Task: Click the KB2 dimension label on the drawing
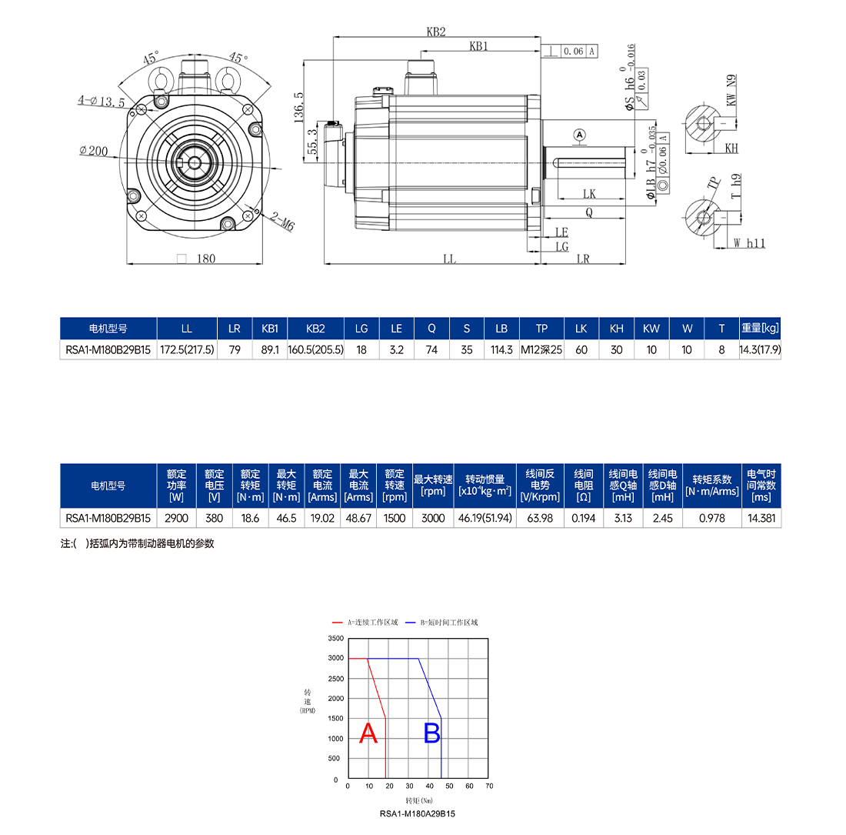click(x=435, y=32)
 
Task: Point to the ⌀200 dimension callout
click(x=94, y=151)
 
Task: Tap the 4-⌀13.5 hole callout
click(x=101, y=101)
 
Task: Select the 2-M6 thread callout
click(x=282, y=223)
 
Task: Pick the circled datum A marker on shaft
click(x=580, y=135)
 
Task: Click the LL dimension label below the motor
click(x=449, y=259)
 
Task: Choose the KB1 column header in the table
click(x=269, y=329)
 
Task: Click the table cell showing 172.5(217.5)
click(x=187, y=349)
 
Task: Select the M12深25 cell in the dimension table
click(x=541, y=349)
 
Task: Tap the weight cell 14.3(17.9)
click(x=760, y=349)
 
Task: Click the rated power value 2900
click(x=176, y=518)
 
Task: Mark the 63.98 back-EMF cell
click(x=541, y=518)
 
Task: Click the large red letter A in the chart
click(x=369, y=733)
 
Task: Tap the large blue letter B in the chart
click(x=432, y=733)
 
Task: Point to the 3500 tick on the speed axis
click(x=336, y=638)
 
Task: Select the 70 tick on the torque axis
click(x=490, y=786)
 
